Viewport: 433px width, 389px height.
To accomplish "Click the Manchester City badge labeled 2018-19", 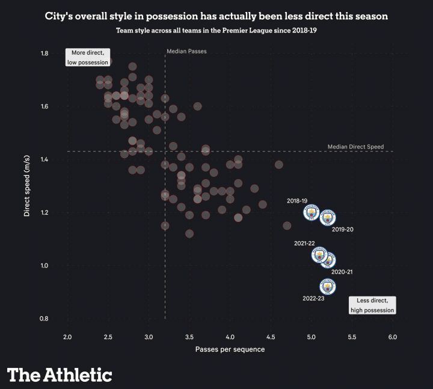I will [x=311, y=212].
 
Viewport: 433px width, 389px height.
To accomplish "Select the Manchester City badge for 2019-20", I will [x=327, y=217].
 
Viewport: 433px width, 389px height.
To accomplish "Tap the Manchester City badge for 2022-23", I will [x=327, y=287].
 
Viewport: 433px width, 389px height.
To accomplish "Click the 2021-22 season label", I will [x=304, y=244].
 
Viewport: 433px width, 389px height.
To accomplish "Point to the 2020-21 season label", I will [x=342, y=272].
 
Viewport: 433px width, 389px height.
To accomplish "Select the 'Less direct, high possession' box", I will [x=372, y=305].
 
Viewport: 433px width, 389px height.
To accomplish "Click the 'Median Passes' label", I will [x=186, y=52].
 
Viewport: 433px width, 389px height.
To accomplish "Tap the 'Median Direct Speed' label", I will [x=355, y=147].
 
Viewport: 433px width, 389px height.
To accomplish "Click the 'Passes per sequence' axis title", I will [x=230, y=349].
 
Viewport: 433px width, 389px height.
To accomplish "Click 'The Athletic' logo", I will [x=60, y=375].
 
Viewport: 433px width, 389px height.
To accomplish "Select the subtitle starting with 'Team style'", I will [x=216, y=30].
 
